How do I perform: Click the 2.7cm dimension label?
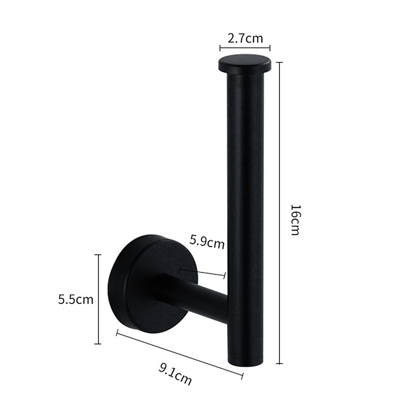[245, 38]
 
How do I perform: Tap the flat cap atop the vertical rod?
[244, 63]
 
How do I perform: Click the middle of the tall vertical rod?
[244, 210]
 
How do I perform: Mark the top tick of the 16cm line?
[279, 62]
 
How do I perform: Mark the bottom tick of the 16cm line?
[279, 364]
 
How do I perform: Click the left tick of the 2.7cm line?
[220, 48]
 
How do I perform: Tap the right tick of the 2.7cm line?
[270, 48]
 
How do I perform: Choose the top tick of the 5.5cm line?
[97, 255]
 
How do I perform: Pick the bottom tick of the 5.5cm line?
[97, 343]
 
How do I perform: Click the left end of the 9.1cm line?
[117, 332]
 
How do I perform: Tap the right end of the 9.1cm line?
[242, 374]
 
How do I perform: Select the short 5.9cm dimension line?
[202, 272]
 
